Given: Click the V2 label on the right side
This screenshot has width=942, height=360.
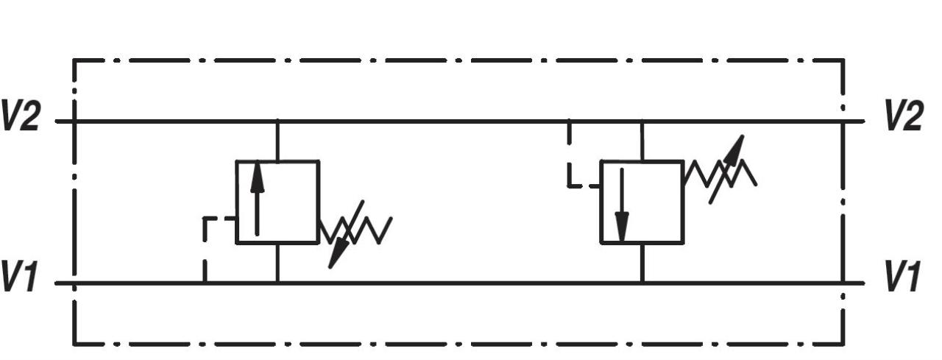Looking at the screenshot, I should (903, 116).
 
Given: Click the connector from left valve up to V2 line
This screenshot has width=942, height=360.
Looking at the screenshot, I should (277, 141).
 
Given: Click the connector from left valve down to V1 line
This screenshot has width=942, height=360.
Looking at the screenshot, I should (277, 263).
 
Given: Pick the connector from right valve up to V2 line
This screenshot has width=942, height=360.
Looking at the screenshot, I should (642, 141).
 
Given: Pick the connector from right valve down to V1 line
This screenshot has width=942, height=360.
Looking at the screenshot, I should (642, 263).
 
